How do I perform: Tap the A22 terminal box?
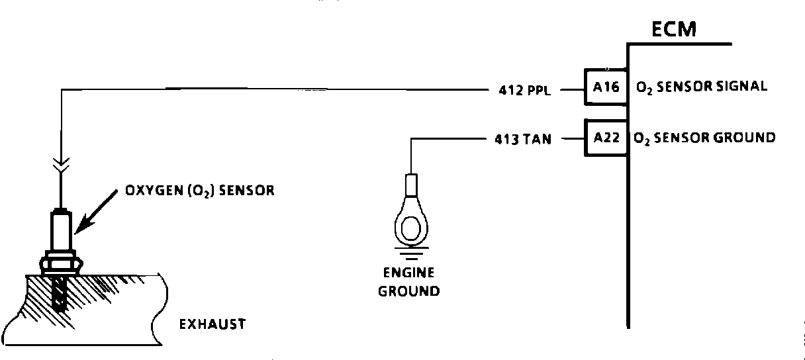(606, 138)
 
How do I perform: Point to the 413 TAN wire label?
(522, 139)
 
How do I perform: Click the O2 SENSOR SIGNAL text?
(702, 87)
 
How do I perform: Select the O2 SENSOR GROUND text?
(704, 138)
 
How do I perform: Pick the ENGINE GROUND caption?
(409, 282)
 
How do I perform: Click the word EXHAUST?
(212, 324)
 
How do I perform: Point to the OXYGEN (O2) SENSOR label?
(199, 191)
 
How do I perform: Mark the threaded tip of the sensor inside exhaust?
(60, 294)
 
